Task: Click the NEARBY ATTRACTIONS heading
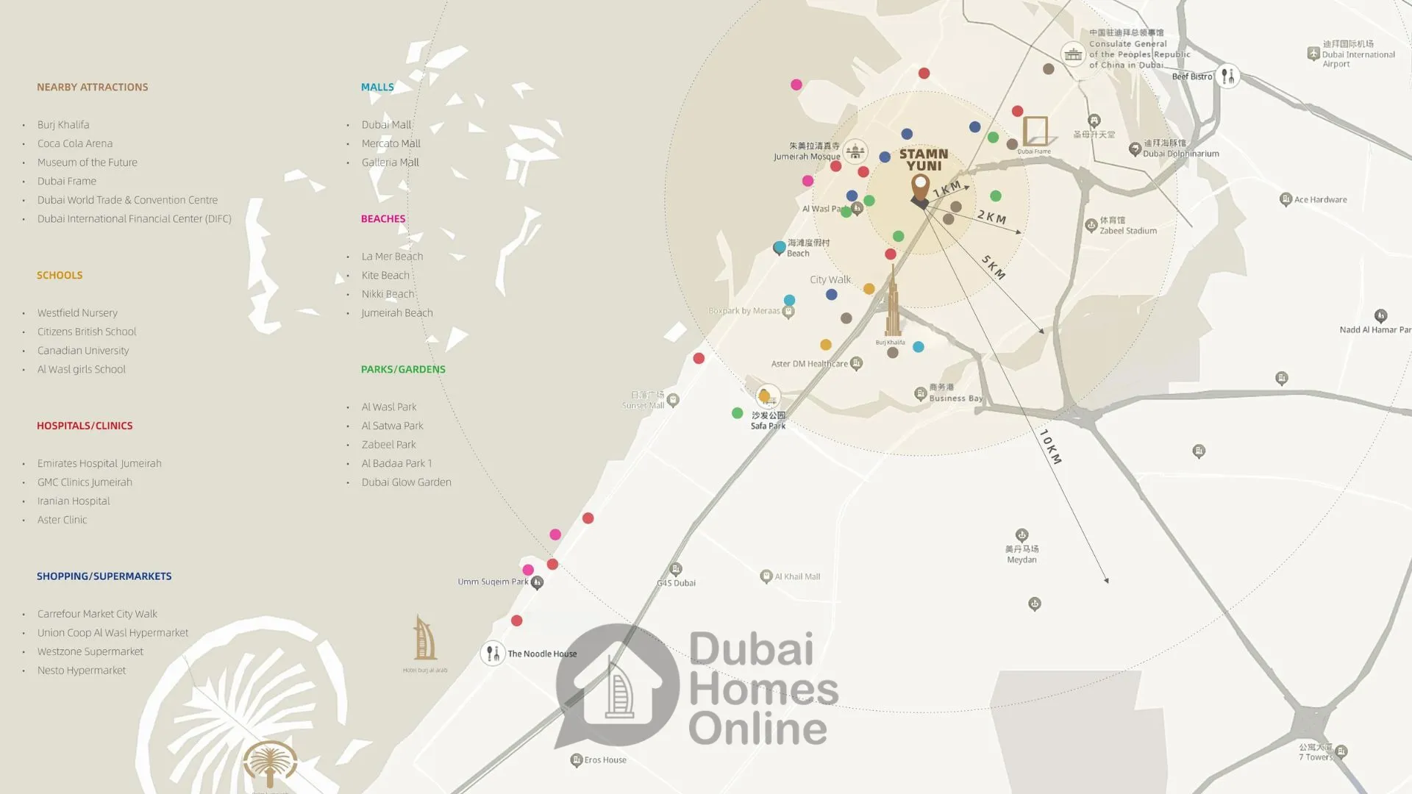coord(92,87)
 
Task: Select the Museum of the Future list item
coord(87,162)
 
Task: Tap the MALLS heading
coord(377,87)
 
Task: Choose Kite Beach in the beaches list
coord(385,275)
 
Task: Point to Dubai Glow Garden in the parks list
coord(406,482)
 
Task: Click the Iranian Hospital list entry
coord(74,501)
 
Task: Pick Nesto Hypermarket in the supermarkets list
coord(82,670)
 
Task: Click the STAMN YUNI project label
coord(924,160)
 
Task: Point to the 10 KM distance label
coord(1051,446)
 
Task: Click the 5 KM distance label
coord(993,267)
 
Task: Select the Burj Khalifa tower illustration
coord(892,305)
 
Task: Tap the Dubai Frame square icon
coord(1035,131)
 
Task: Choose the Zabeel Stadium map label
coord(1127,231)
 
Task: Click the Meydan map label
coord(1021,559)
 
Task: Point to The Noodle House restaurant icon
coord(492,653)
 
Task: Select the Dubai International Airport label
coord(1358,54)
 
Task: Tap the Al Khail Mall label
coord(797,576)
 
